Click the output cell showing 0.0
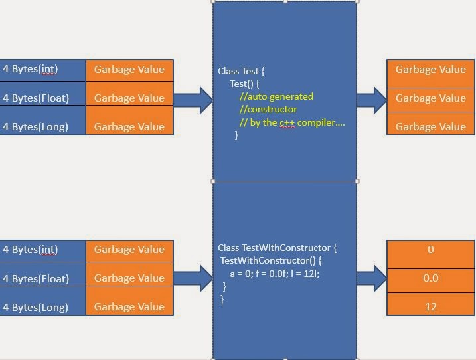430,278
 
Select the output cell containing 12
430,306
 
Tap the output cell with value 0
430,250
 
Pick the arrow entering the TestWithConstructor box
193,278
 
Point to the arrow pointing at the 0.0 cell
372,278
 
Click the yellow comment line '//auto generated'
276,96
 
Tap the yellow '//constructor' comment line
268,109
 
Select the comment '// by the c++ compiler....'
292,122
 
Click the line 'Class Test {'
241,71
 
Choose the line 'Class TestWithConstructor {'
277,248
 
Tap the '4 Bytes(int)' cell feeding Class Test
42,69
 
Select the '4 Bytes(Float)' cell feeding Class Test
42,98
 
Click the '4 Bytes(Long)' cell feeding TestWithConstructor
42,307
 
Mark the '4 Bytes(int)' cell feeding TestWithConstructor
42,250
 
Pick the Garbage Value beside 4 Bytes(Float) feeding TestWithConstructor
129,278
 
